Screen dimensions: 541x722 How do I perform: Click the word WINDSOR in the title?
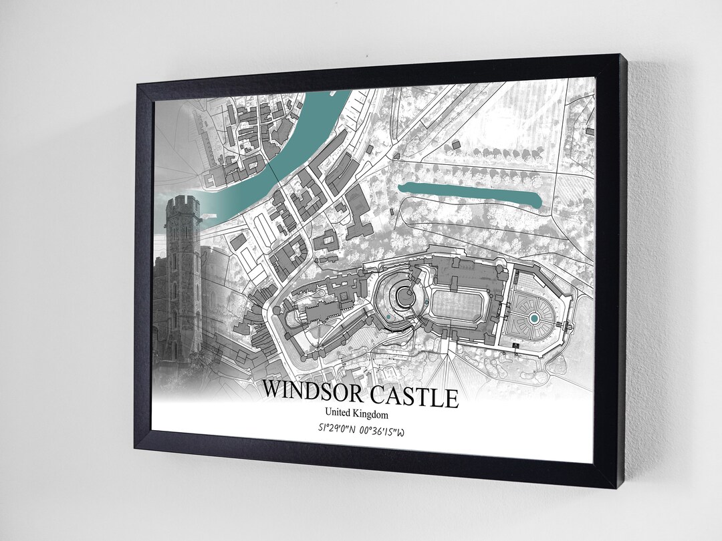pyautogui.click(x=316, y=389)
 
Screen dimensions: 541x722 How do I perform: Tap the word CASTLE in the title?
pyautogui.click(x=416, y=397)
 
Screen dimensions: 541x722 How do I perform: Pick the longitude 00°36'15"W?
pyautogui.click(x=382, y=431)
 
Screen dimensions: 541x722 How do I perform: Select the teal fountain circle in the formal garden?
pyautogui.click(x=534, y=319)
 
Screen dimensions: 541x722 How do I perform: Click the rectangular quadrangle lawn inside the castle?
pyautogui.click(x=460, y=307)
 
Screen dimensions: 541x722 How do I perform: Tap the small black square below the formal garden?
pyautogui.click(x=516, y=344)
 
